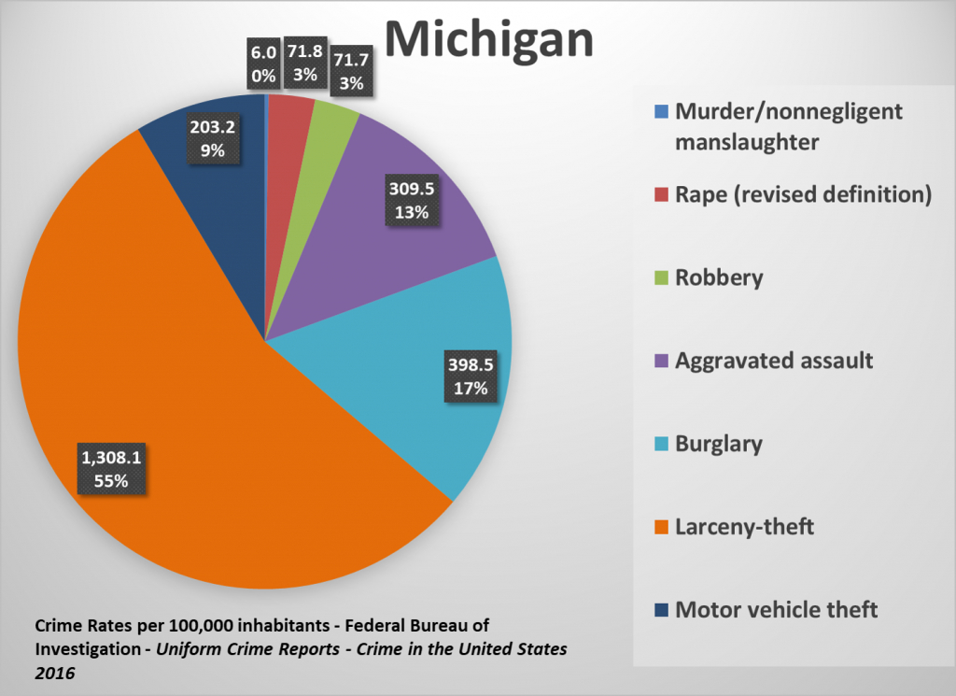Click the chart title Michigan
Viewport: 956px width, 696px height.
tap(488, 39)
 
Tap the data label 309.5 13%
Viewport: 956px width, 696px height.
tap(411, 200)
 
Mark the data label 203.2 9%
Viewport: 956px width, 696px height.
tap(214, 137)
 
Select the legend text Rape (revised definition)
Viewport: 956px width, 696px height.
tap(802, 194)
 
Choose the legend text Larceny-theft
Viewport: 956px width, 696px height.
tap(744, 527)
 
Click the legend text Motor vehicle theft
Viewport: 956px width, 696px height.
tap(776, 609)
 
